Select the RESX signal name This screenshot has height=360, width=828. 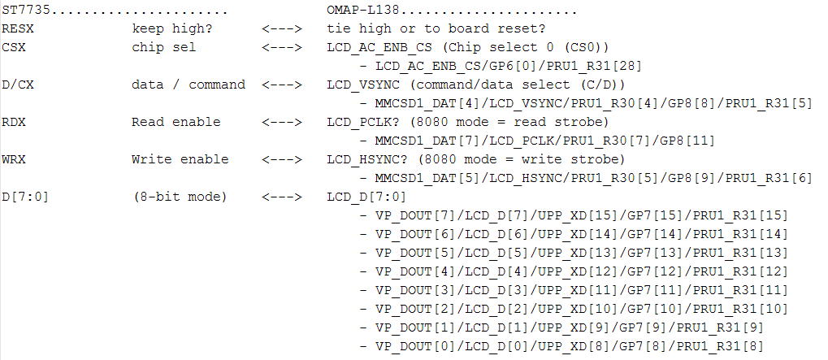coord(19,28)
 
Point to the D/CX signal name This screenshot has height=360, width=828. coord(19,85)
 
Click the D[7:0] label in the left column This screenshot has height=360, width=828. coord(24,197)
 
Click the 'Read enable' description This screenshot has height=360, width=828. coord(176,122)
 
